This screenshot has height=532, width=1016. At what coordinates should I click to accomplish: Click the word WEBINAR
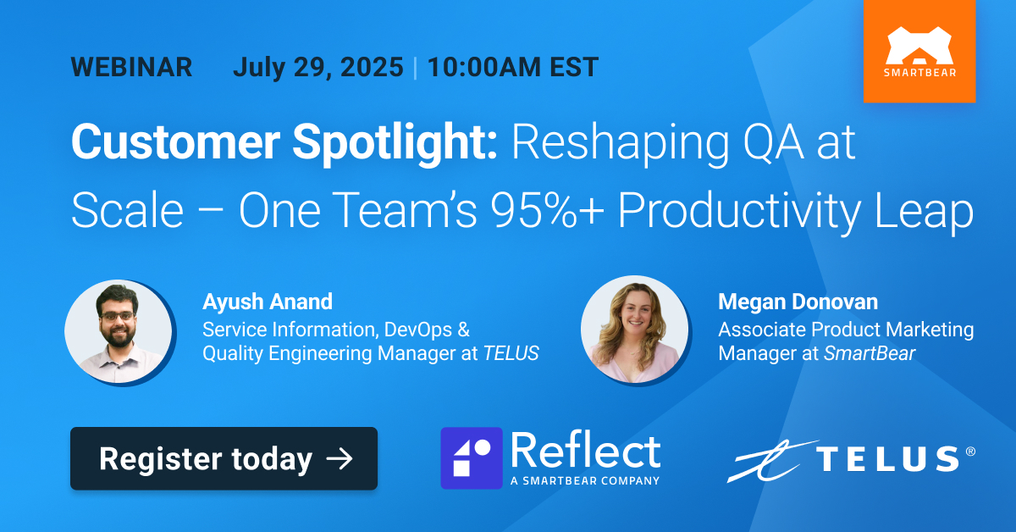131,67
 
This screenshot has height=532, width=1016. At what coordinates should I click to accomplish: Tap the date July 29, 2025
318,67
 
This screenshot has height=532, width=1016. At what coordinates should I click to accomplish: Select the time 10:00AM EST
513,67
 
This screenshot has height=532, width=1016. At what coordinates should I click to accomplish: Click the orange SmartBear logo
919,52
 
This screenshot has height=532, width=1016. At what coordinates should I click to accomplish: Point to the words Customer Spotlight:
284,142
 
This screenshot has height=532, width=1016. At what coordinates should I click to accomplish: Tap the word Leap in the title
924,213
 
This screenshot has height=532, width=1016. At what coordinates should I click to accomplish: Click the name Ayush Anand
268,302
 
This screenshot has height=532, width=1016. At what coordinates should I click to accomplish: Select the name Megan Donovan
798,302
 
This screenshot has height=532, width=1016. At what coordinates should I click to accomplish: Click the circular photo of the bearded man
119,333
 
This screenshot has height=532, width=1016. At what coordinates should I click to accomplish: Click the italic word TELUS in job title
511,353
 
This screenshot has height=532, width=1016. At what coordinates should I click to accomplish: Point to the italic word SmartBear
870,353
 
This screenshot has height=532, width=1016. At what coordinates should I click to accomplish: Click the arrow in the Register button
340,458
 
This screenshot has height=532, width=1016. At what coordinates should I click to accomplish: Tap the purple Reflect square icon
472,458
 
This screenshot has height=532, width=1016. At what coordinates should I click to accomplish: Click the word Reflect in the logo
586,451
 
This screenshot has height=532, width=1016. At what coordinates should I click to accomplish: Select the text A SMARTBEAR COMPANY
585,480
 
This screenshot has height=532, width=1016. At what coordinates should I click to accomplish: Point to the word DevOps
417,330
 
